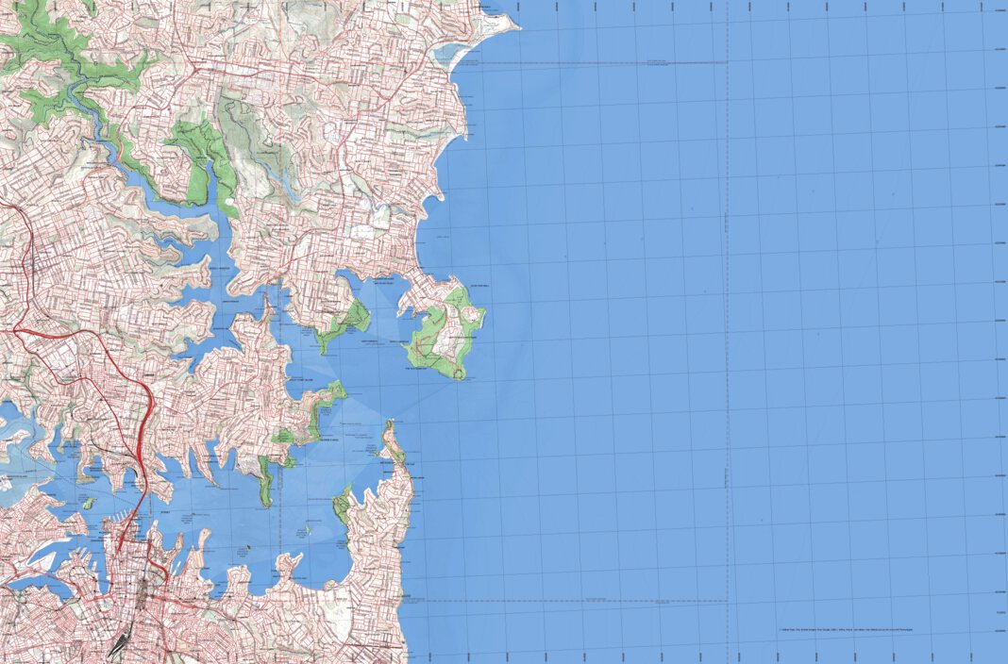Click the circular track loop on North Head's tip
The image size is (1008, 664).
460,373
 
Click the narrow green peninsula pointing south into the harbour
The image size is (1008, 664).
266,481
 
